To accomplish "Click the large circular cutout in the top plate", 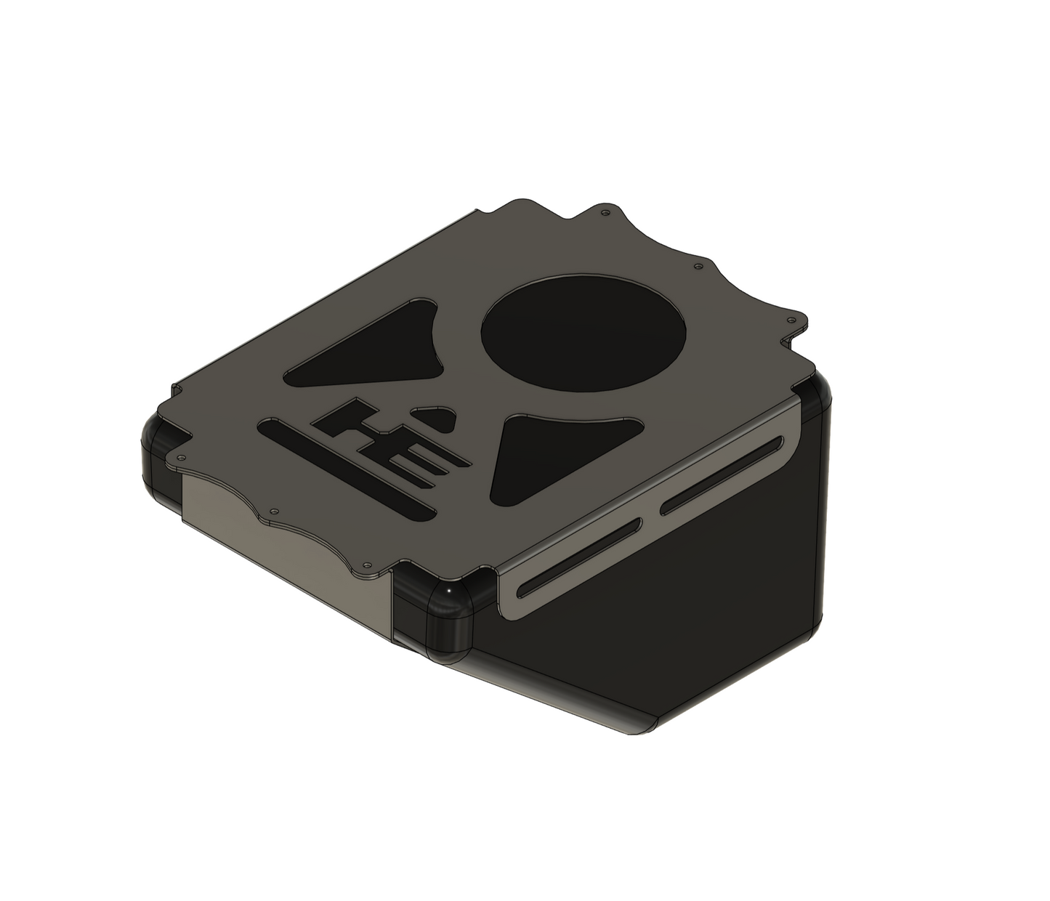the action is pos(583,334).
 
